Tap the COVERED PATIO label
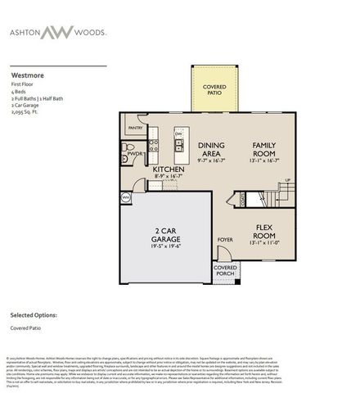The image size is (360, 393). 214,89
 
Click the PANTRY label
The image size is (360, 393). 136,128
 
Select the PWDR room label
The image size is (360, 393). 134,154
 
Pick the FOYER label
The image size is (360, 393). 225,240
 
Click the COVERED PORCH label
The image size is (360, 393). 225,271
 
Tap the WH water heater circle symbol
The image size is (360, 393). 126,197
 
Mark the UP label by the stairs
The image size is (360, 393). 287,180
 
